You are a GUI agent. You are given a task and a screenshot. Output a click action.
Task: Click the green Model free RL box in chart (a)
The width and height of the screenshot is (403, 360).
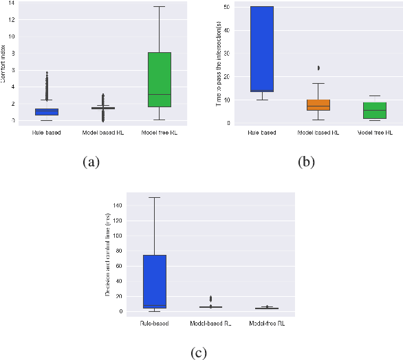click(159, 80)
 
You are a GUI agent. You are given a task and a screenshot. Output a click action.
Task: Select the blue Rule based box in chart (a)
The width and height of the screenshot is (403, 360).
click(47, 112)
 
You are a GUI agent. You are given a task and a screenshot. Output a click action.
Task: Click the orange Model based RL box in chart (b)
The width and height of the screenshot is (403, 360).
click(318, 105)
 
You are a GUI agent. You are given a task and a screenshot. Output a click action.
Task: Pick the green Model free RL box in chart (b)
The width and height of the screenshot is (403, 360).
click(375, 111)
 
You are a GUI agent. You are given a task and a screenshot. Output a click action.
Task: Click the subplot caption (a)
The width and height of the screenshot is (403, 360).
click(90, 162)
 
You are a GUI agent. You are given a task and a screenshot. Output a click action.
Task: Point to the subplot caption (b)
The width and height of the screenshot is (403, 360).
click(305, 162)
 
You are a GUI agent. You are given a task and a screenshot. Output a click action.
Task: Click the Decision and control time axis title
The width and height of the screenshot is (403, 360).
click(108, 254)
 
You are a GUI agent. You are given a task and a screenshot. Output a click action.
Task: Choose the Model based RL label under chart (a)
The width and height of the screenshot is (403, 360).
click(102, 131)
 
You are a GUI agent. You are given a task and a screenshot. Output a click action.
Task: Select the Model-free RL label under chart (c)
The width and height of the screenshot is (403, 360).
click(267, 322)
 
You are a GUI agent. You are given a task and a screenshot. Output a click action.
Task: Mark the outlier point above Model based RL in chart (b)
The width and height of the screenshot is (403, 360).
click(318, 67)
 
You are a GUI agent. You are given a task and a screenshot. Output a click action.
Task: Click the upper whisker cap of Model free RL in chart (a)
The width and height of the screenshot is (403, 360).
click(159, 7)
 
